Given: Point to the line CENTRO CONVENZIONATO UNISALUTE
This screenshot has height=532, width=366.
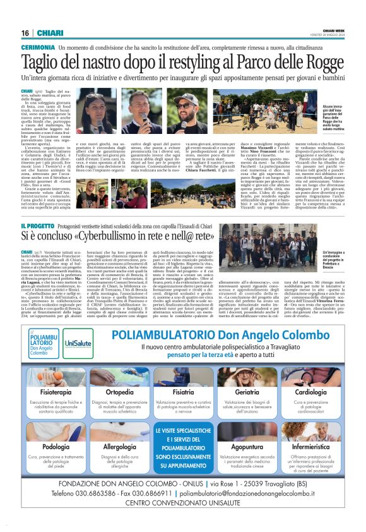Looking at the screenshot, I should point(183,504).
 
